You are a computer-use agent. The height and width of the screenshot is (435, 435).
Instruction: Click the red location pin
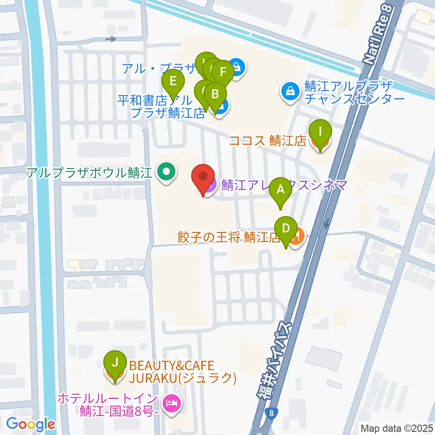pyautogui.click(x=203, y=177)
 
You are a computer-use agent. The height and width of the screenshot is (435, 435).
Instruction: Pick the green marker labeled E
pyautogui.click(x=173, y=82)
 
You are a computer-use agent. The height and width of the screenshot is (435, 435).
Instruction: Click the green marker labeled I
pyautogui.click(x=320, y=132)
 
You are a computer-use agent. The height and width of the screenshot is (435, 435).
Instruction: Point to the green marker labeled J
pyautogui.click(x=115, y=362)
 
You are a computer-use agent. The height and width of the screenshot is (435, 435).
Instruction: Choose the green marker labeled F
pyautogui.click(x=222, y=72)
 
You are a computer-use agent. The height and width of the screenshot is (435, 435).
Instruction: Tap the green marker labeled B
pyautogui.click(x=216, y=94)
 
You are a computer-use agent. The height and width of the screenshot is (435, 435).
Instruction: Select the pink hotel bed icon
pyautogui.click(x=171, y=401)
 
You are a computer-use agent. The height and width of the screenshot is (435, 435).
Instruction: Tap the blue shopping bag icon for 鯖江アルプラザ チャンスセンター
pyautogui.click(x=289, y=91)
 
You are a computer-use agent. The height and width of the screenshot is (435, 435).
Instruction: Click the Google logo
pyautogui.click(x=31, y=425)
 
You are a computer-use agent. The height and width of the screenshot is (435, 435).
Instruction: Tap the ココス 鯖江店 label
pyautogui.click(x=268, y=141)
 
